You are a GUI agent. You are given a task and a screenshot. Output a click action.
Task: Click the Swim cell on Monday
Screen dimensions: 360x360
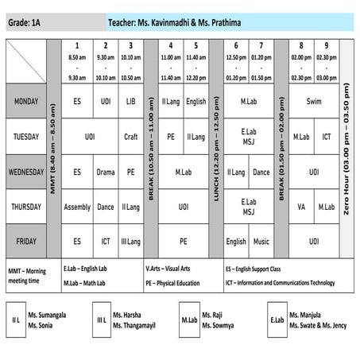pyautogui.click(x=313, y=102)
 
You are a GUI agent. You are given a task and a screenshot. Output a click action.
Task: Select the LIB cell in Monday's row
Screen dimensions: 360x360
pyautogui.click(x=131, y=102)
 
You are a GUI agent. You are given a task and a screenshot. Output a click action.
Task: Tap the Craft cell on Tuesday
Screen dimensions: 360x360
pyautogui.click(x=131, y=137)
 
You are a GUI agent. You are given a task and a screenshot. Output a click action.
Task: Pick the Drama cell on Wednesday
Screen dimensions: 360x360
pyautogui.click(x=105, y=172)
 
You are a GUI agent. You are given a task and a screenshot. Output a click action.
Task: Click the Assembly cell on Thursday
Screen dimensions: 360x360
pyautogui.click(x=77, y=207)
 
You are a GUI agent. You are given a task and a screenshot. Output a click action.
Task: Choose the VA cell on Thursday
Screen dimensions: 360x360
pyautogui.click(x=300, y=207)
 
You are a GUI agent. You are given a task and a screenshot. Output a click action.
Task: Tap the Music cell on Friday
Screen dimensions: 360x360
pyautogui.click(x=261, y=241)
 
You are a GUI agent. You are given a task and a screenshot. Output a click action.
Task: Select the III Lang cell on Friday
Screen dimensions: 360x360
pyautogui.click(x=131, y=241)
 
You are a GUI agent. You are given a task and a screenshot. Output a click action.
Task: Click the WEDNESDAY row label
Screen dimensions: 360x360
pyautogui.click(x=26, y=172)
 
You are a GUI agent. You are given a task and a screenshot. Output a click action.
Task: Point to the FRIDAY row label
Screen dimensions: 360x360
pyautogui.click(x=26, y=241)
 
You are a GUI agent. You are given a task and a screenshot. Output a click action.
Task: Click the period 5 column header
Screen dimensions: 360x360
pyautogui.click(x=195, y=61)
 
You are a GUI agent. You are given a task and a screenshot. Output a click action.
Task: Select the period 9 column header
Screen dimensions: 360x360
pyautogui.click(x=326, y=61)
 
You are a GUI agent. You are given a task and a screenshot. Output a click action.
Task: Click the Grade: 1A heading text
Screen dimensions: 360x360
pyautogui.click(x=25, y=25)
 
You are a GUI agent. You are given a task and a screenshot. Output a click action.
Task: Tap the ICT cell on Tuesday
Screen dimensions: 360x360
pyautogui.click(x=326, y=137)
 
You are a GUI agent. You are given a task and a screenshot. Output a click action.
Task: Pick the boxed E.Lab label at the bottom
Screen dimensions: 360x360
pyautogui.click(x=277, y=319)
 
